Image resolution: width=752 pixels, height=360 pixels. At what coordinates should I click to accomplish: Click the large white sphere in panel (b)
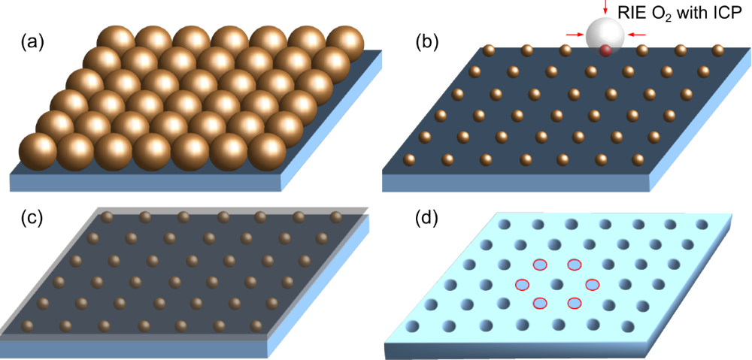tap(605, 35)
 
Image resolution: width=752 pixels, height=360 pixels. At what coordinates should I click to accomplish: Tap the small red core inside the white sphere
tap(605, 51)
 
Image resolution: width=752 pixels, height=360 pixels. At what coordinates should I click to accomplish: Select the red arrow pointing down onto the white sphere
tap(605, 8)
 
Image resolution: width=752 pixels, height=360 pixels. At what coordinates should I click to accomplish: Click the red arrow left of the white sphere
tap(574, 34)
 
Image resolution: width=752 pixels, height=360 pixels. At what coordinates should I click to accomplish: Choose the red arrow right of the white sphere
tap(637, 34)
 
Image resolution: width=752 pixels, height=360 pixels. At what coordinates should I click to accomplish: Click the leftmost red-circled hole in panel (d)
tap(522, 284)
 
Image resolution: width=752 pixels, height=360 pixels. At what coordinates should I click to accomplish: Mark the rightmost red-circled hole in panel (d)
tap(593, 284)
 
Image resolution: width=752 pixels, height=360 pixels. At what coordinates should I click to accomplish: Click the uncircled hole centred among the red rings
tap(557, 284)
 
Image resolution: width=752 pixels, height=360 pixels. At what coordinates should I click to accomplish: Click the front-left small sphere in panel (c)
tap(29, 325)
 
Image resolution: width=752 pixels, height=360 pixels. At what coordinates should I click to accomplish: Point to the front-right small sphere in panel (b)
tap(639, 159)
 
